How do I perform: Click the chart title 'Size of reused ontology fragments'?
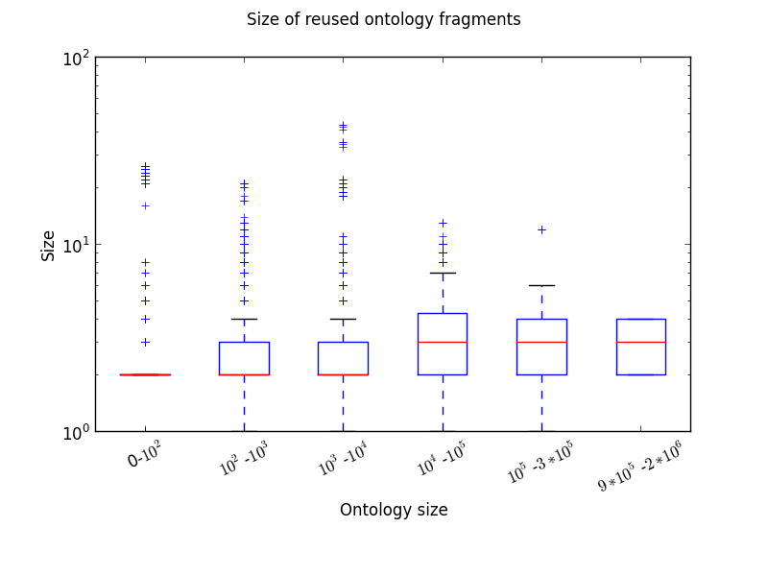coord(383,19)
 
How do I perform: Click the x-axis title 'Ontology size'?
coord(394,510)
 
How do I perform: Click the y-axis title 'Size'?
coord(48,245)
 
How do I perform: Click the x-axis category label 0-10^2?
coord(144,455)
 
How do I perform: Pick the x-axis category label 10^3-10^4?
coord(342,458)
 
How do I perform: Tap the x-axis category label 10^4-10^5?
coord(441,458)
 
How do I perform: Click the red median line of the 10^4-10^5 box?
coord(443,342)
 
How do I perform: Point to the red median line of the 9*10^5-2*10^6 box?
coord(640,342)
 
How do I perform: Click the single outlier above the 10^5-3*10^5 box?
coord(541,229)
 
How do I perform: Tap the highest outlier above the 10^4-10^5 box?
coord(443,223)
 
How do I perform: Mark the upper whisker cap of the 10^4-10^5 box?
coord(443,273)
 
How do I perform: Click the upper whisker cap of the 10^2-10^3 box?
coord(244,319)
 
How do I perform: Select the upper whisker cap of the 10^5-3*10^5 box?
coord(541,285)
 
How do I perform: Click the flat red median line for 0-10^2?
coord(145,374)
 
